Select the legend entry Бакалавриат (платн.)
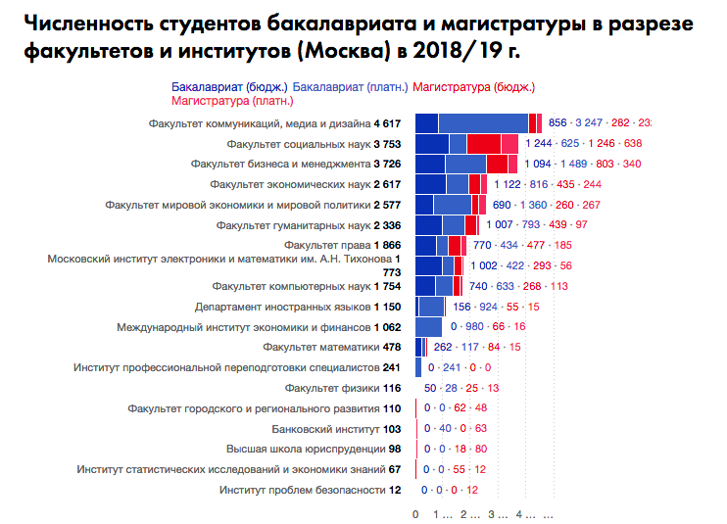(351, 87)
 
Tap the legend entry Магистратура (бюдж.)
(472, 87)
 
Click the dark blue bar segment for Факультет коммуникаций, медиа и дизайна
(427, 123)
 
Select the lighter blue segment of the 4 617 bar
(483, 123)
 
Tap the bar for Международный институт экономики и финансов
(429, 327)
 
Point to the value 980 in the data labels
(474, 327)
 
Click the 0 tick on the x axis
(415, 513)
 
